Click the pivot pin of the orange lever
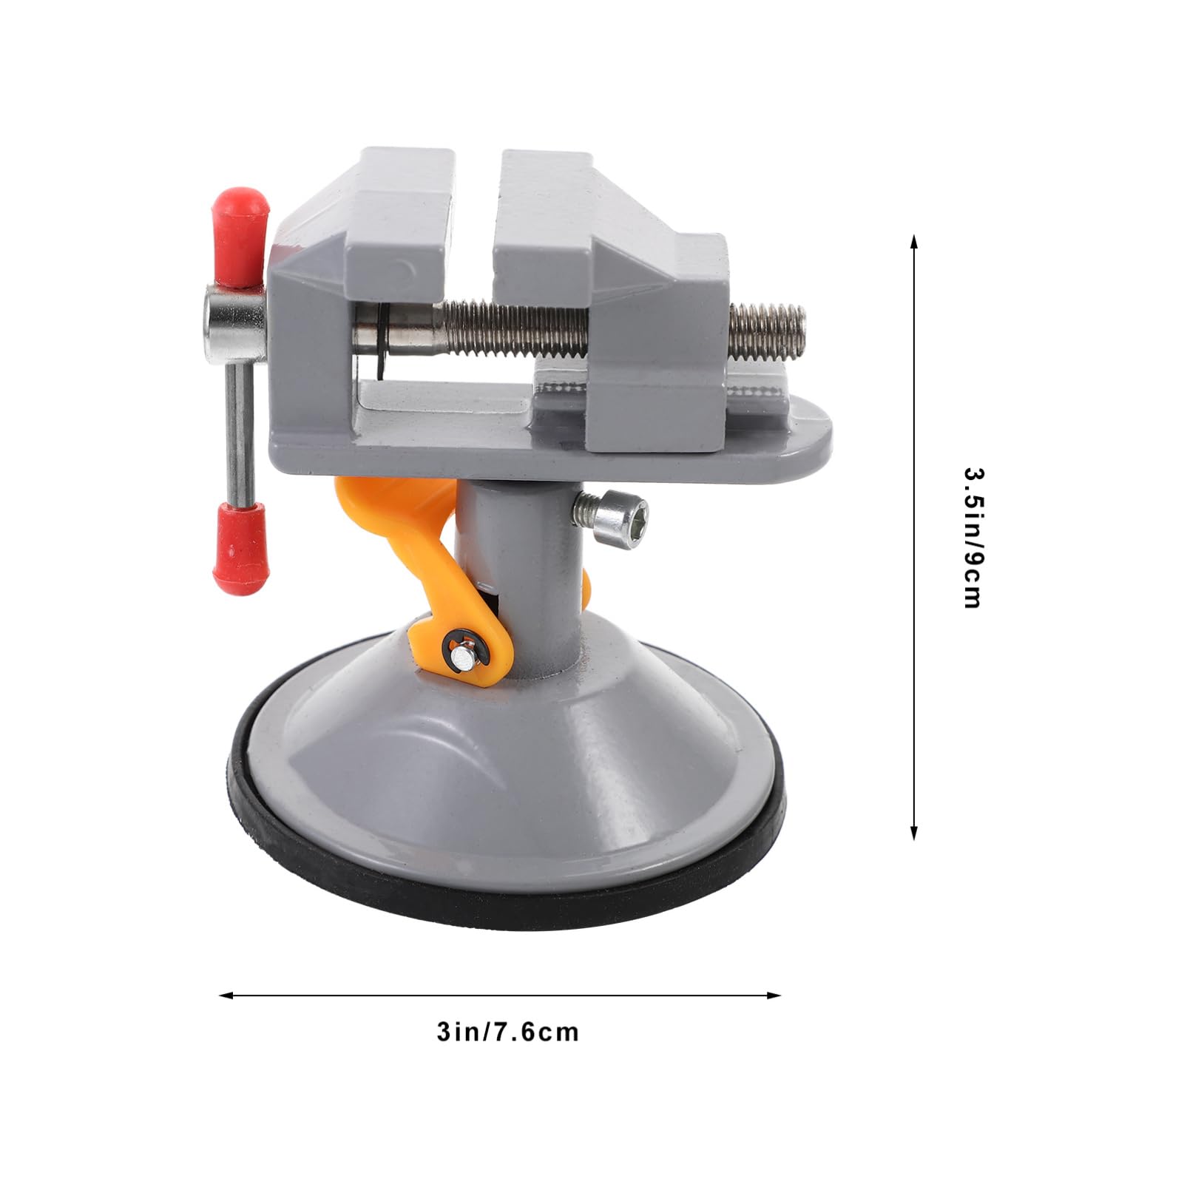pyautogui.click(x=459, y=652)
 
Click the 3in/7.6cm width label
pyautogui.click(x=507, y=1032)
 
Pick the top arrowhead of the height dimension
pyautogui.click(x=914, y=241)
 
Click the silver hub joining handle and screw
pyautogui.click(x=235, y=318)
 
